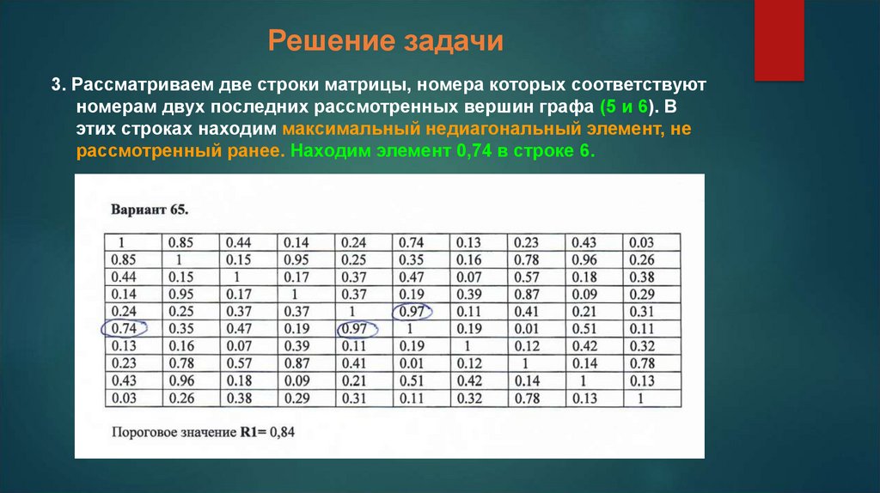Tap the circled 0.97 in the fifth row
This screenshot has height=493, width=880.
point(411,311)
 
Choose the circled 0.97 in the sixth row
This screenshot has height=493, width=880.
point(354,328)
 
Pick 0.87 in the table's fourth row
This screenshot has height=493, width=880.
point(527,294)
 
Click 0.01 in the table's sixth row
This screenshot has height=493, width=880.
point(527,328)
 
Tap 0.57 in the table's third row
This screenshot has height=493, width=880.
point(527,277)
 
